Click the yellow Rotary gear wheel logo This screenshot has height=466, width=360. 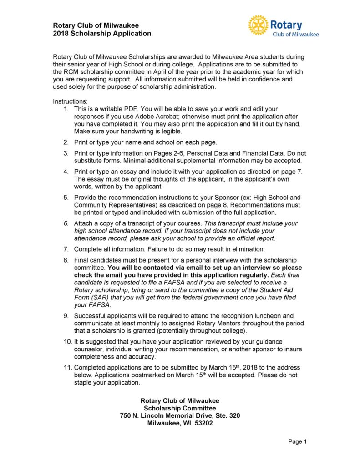click(x=258, y=25)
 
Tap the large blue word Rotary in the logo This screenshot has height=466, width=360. click(x=286, y=25)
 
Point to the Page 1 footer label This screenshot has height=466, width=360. click(x=298, y=441)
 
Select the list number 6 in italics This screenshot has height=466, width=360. click(x=66, y=223)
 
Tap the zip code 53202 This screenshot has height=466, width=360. click(x=204, y=423)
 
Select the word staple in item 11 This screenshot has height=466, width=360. click(x=84, y=382)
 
